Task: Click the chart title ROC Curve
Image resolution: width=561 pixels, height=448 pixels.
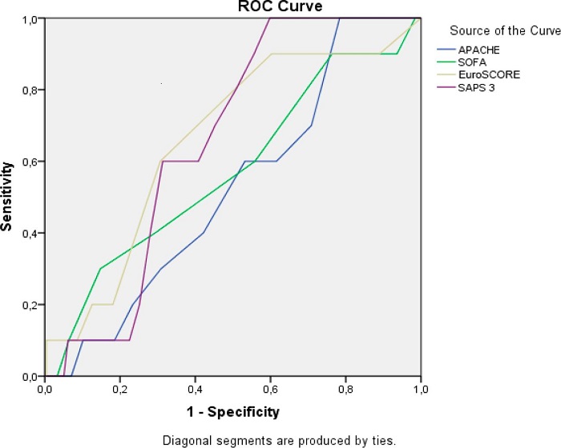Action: coord(233,6)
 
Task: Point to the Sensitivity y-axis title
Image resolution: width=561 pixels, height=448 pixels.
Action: coord(7,196)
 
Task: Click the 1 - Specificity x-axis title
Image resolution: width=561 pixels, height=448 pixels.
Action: coord(233,413)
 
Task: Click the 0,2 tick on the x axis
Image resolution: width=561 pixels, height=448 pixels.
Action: coord(120,389)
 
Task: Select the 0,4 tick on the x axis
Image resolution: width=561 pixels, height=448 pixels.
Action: coord(196,389)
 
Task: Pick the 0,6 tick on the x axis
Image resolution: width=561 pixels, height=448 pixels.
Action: coord(271,389)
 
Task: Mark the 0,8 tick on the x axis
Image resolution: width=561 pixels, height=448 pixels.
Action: coord(346,389)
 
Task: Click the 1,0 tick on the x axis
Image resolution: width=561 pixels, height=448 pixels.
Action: coord(421,389)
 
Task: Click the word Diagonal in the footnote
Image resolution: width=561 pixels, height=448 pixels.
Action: coord(184,439)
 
